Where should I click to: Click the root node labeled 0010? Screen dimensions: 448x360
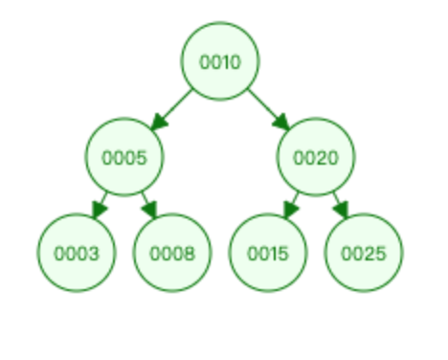[220, 61]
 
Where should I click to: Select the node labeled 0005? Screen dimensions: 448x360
[124, 157]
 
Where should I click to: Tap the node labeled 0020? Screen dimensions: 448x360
[316, 157]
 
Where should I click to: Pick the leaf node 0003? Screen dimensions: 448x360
[77, 253]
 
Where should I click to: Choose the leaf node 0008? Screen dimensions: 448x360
[172, 253]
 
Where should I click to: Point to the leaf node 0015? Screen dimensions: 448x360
[268, 253]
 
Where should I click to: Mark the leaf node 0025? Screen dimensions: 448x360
[364, 253]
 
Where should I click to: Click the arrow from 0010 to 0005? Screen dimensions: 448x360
[171, 110]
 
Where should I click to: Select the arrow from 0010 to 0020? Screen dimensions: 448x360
[269, 110]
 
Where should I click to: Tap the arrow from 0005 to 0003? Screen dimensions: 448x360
[100, 205]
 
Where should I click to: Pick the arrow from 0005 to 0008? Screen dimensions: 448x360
[149, 205]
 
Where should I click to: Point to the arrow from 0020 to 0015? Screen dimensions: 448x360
[291, 205]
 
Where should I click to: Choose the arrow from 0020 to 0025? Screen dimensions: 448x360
[341, 205]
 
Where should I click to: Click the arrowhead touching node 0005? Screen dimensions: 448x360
[159, 123]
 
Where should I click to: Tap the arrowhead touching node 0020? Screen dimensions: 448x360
[281, 123]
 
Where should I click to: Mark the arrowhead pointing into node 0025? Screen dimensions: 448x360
[342, 210]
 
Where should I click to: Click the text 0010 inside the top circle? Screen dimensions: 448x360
[220, 62]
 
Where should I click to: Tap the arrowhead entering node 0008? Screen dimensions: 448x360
[150, 210]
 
